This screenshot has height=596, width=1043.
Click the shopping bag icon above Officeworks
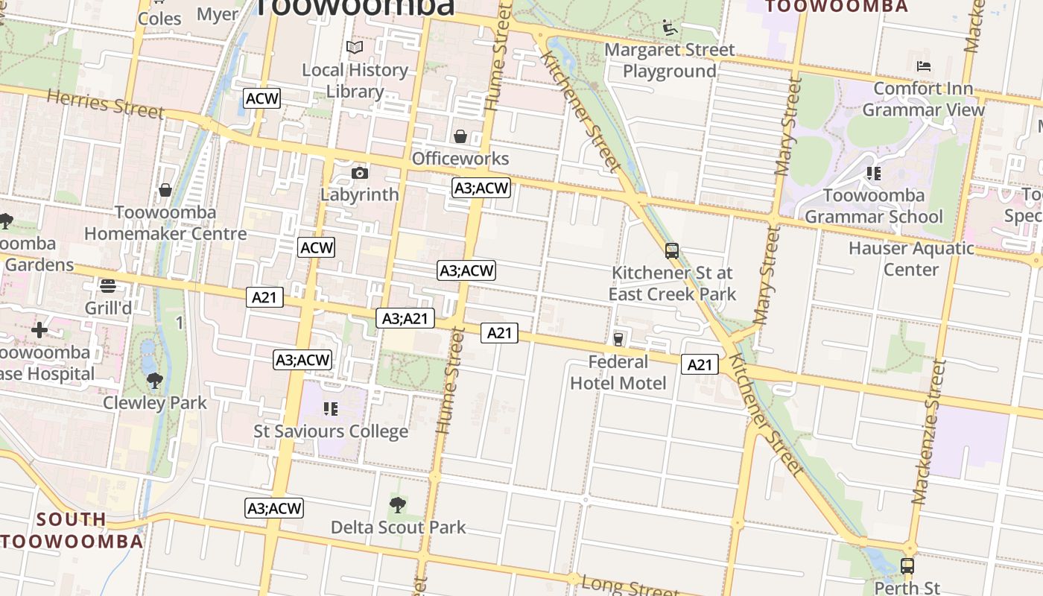click(x=460, y=136)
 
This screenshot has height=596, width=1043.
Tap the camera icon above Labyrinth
click(x=360, y=173)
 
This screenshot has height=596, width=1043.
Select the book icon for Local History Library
click(x=355, y=48)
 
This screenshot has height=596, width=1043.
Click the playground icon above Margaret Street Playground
click(x=670, y=28)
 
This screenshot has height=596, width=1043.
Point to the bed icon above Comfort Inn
click(x=924, y=66)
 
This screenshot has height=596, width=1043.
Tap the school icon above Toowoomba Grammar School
click(x=874, y=174)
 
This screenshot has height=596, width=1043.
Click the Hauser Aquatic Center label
click(x=911, y=259)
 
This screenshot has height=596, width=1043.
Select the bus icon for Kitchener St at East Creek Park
click(x=672, y=251)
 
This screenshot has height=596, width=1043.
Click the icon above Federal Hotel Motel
click(x=618, y=340)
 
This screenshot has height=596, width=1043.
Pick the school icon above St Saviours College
click(x=331, y=409)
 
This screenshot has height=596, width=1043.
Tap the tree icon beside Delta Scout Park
click(x=398, y=505)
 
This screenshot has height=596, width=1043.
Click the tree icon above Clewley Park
click(x=155, y=381)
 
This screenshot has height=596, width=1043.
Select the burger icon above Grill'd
click(x=108, y=286)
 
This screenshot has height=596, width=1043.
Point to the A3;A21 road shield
click(x=405, y=319)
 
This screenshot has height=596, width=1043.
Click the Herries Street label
click(x=105, y=104)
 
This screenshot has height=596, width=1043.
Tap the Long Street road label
click(x=630, y=586)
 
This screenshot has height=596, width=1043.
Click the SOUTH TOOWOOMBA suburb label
click(x=72, y=530)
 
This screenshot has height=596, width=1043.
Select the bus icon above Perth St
click(x=907, y=565)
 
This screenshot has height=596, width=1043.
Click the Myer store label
click(x=218, y=14)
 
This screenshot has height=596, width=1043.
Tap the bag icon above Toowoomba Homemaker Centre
click(x=165, y=190)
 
